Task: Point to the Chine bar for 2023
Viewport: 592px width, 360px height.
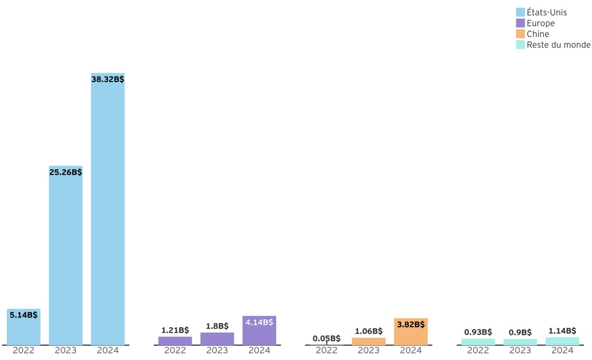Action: click(x=369, y=341)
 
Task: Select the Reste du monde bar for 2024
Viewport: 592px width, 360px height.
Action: click(x=562, y=341)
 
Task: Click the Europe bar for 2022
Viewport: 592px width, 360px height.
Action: click(x=175, y=340)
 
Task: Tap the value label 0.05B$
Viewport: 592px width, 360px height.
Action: click(x=327, y=338)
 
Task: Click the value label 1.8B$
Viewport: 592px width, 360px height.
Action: click(x=217, y=326)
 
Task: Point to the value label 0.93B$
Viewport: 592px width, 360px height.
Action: click(x=478, y=332)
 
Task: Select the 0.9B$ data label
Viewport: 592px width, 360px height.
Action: click(x=520, y=332)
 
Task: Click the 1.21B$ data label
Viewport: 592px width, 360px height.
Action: click(x=175, y=330)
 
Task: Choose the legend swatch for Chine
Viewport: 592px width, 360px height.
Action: click(x=520, y=34)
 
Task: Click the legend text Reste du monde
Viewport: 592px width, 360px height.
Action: click(x=558, y=45)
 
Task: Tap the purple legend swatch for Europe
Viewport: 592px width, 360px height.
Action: click(x=520, y=24)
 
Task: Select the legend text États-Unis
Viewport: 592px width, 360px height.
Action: click(x=547, y=13)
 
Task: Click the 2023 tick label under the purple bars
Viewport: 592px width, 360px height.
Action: click(x=217, y=350)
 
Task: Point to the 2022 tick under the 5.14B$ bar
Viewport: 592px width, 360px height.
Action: click(x=24, y=350)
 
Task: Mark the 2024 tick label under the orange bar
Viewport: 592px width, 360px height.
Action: click(x=411, y=350)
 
